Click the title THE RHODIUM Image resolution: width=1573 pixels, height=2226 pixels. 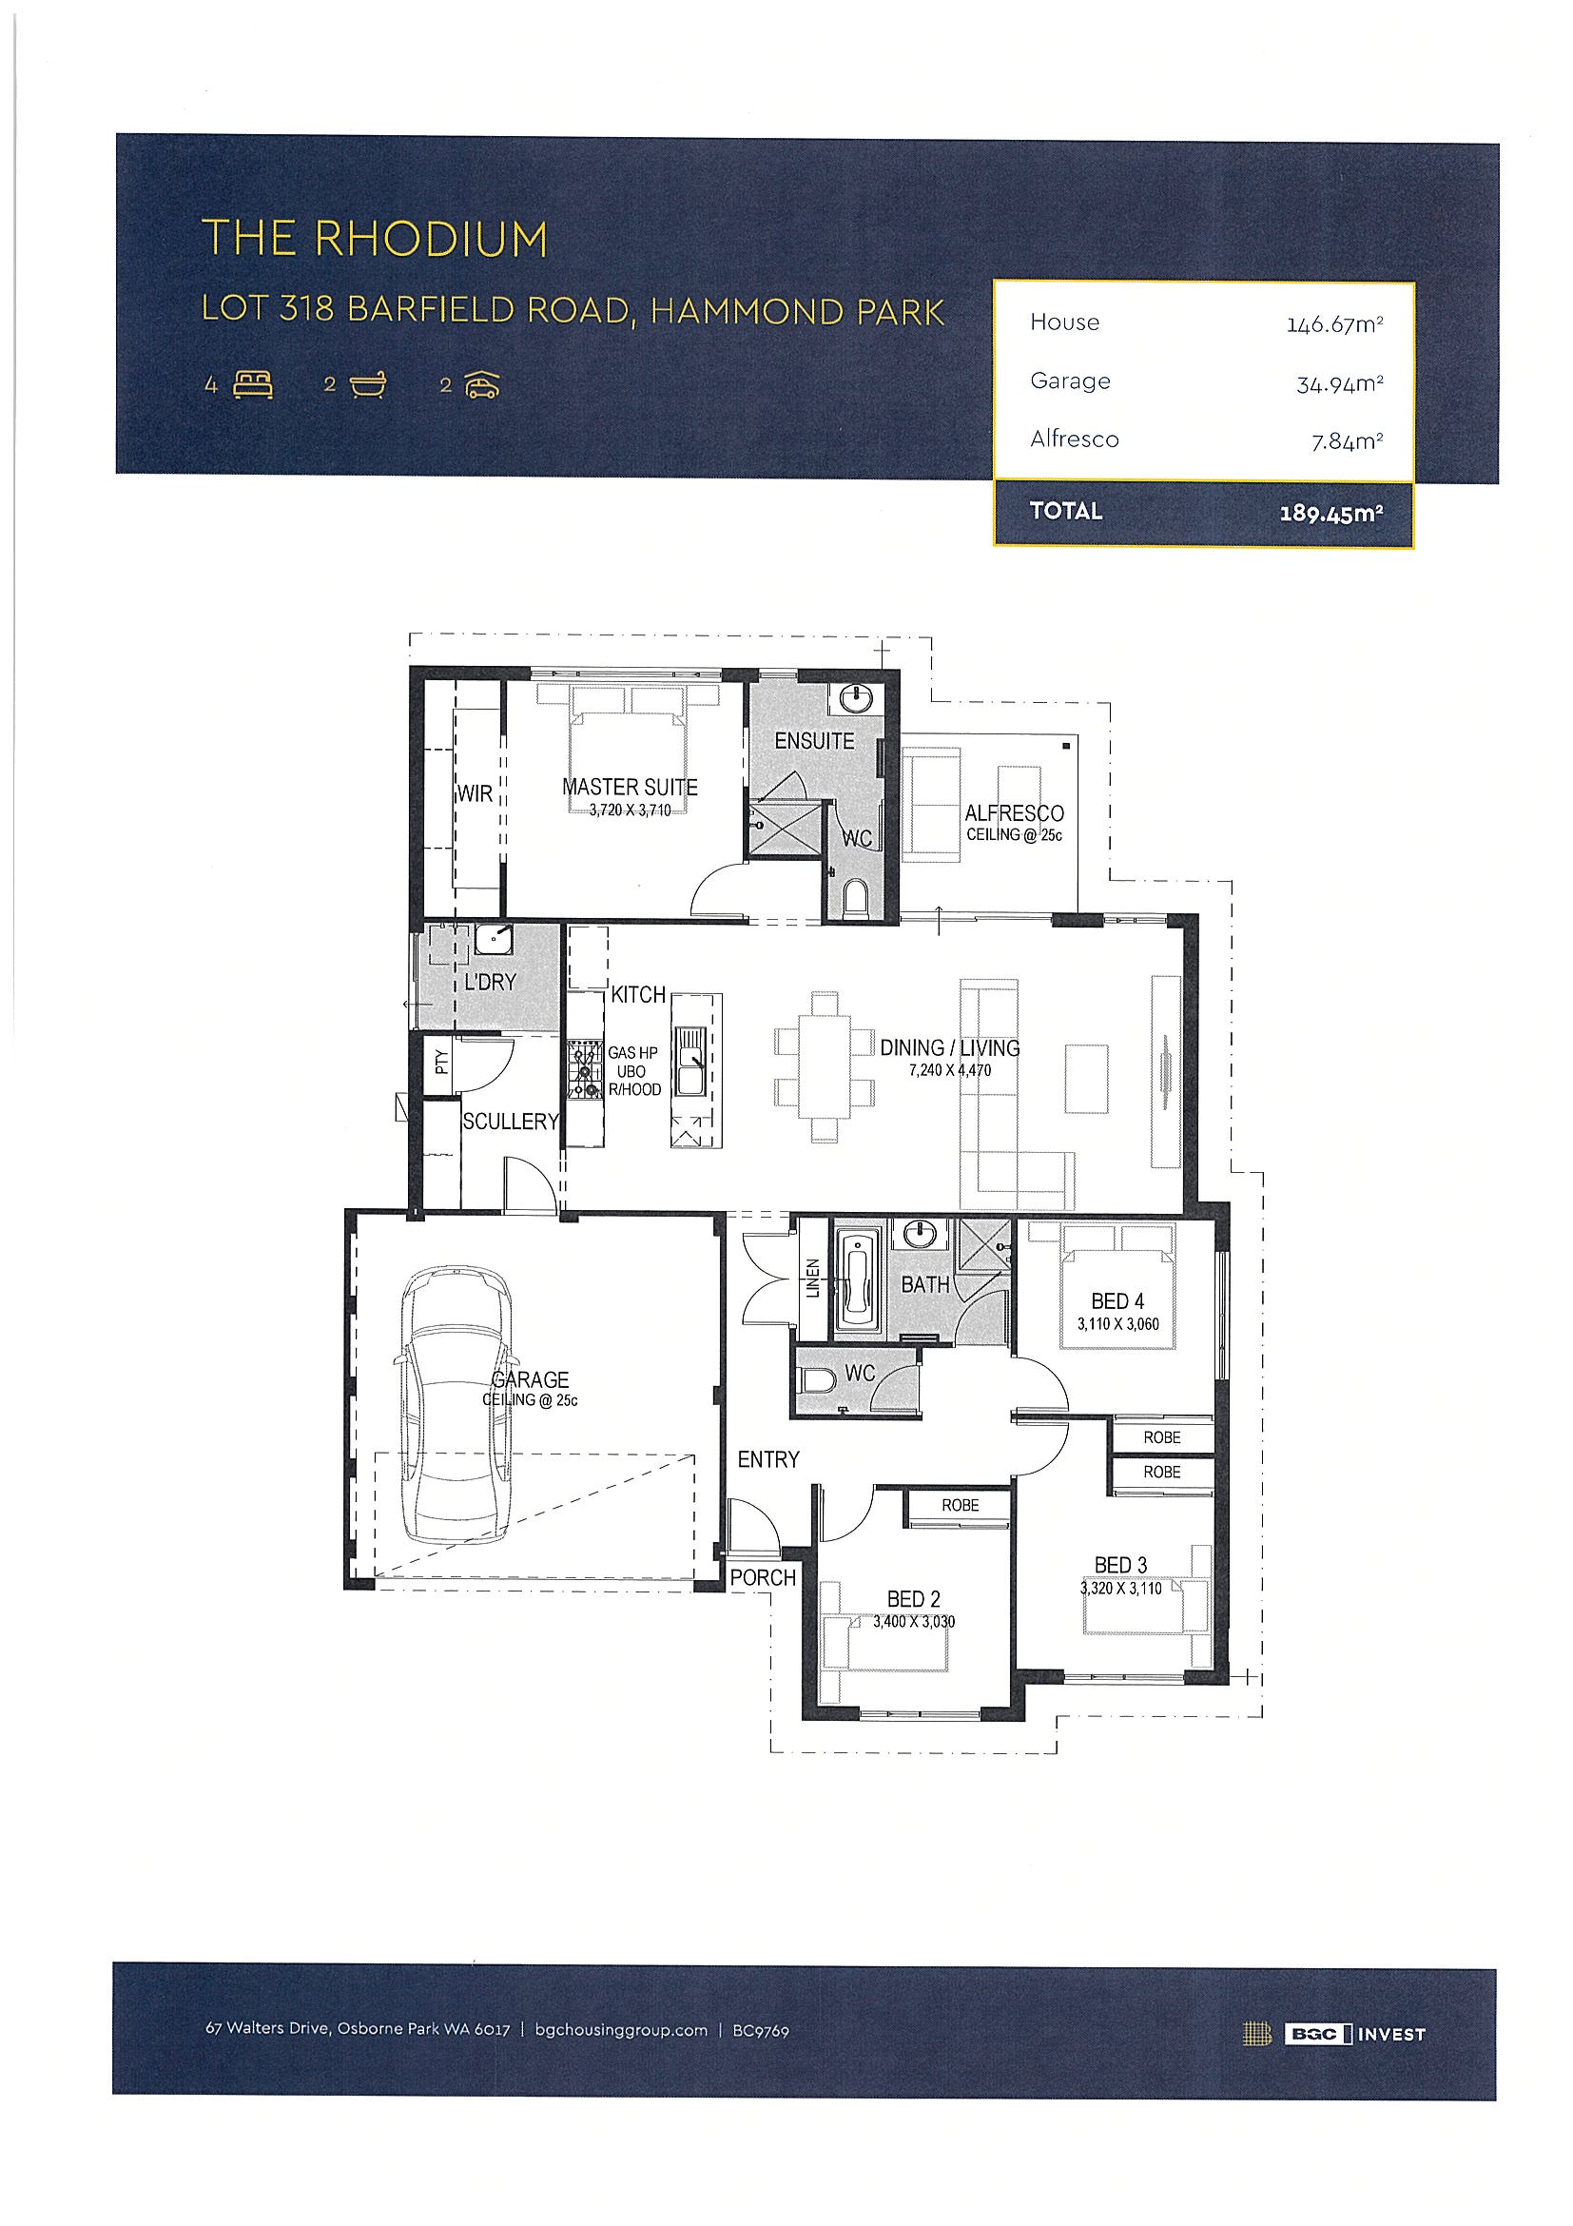pos(374,239)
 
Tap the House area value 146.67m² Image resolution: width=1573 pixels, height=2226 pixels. pos(1334,324)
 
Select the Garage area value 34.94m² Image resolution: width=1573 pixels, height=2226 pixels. pos(1339,385)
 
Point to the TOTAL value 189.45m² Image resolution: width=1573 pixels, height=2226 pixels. pos(1331,513)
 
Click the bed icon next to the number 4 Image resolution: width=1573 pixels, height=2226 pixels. pos(253,385)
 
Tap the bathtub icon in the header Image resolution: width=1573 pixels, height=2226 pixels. pos(368,385)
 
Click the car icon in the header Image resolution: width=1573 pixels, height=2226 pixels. pos(481,386)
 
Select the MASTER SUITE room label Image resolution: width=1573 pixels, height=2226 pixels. pos(630,788)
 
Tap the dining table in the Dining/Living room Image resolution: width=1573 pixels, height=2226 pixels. pos(825,1065)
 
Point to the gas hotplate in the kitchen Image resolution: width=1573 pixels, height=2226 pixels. pos(585,1069)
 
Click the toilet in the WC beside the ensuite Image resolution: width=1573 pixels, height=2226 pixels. pos(856,899)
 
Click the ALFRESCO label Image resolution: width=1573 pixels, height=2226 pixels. pos(1014,813)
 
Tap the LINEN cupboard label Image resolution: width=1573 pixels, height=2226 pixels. pos(813,1278)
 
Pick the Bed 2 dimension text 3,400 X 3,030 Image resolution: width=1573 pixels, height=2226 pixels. pos(914,1621)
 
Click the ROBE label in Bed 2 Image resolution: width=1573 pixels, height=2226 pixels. pos(961,1505)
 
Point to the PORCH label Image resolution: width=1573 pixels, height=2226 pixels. pos(763,1577)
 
